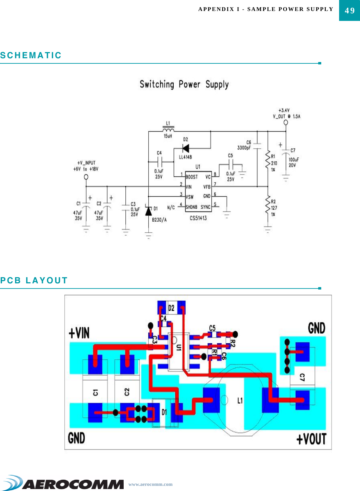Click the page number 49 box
click(349, 10)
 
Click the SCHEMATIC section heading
click(31, 56)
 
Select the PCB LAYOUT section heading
click(34, 281)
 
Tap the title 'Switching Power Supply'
click(184, 84)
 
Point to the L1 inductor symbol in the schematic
click(168, 129)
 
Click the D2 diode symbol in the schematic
click(186, 148)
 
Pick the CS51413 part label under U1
click(198, 218)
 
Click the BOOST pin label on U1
click(192, 177)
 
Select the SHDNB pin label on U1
click(191, 207)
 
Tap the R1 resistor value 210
click(274, 163)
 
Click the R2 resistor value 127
click(274, 208)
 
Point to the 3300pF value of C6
click(244, 148)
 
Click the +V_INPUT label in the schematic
click(86, 163)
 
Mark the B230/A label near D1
click(159, 220)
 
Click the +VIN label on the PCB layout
click(79, 333)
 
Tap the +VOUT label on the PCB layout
click(311, 439)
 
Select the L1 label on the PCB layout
click(240, 400)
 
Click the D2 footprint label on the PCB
click(171, 308)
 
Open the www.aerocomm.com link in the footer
click(150, 484)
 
